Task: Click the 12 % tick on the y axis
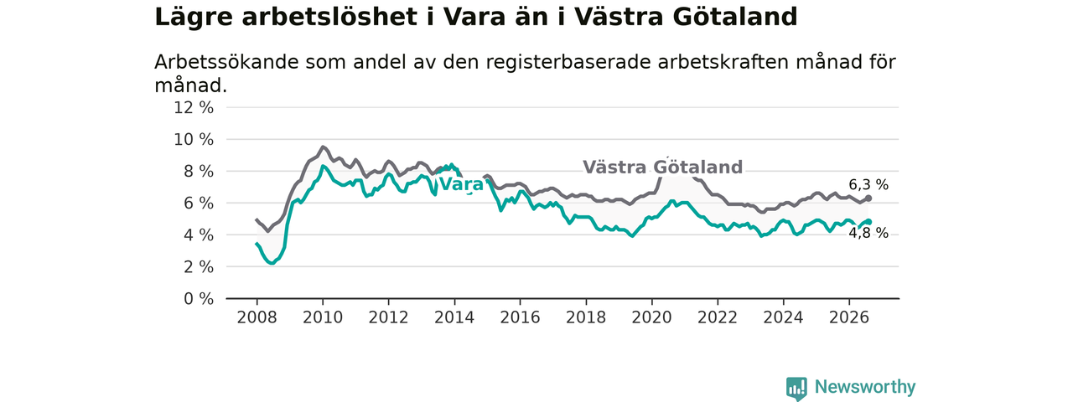[194, 108]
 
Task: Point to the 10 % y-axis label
[194, 140]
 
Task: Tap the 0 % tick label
[199, 299]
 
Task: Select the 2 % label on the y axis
[199, 267]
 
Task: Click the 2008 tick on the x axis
[257, 317]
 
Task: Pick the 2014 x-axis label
[454, 317]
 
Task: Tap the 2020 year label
[651, 317]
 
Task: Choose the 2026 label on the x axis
[849, 317]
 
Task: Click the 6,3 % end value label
[868, 185]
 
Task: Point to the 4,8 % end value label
[868, 233]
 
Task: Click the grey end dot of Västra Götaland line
[868, 198]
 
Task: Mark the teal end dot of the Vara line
[868, 222]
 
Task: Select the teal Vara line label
[461, 184]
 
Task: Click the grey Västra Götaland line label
[662, 167]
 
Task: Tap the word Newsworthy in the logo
[865, 386]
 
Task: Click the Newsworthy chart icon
[796, 387]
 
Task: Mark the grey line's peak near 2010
[323, 147]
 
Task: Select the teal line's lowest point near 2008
[272, 263]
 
